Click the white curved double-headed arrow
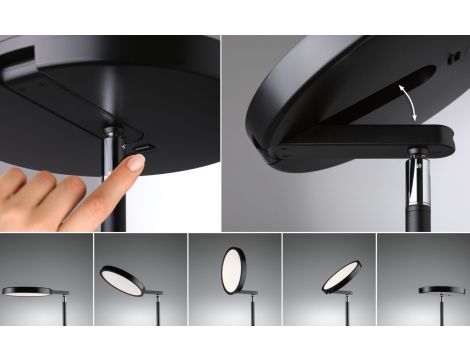pyautogui.click(x=402, y=102)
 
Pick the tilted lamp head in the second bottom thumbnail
pyautogui.click(x=122, y=280)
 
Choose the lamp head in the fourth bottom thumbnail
pyautogui.click(x=341, y=276)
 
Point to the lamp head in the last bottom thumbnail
pyautogui.click(x=441, y=290)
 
